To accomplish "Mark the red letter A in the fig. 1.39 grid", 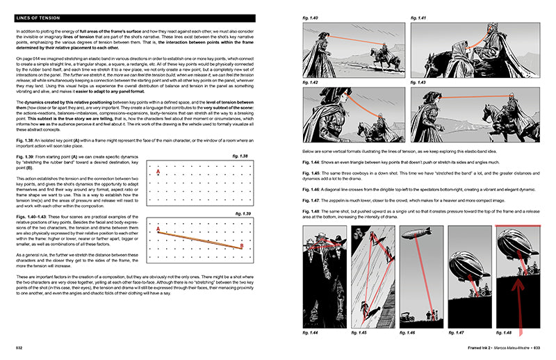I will [158, 228].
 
